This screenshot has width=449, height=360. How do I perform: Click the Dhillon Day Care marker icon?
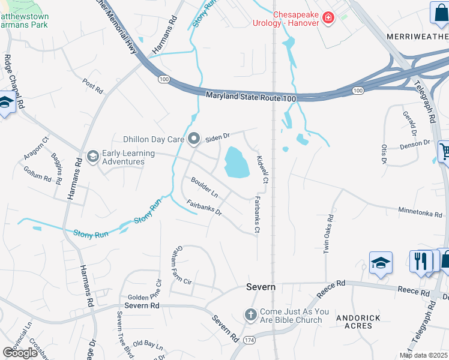(193, 139)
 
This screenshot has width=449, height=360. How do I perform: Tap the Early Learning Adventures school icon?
(92, 157)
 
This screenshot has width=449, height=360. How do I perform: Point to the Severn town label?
(261, 287)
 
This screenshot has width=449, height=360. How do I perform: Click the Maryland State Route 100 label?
(252, 97)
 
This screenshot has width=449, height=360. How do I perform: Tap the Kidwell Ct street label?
(262, 170)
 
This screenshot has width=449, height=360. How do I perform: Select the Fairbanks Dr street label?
(204, 208)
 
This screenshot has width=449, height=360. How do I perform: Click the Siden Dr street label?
(218, 137)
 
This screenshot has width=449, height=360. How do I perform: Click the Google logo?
(20, 352)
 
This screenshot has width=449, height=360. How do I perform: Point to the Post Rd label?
(93, 86)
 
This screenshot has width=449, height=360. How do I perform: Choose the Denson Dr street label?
(415, 144)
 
